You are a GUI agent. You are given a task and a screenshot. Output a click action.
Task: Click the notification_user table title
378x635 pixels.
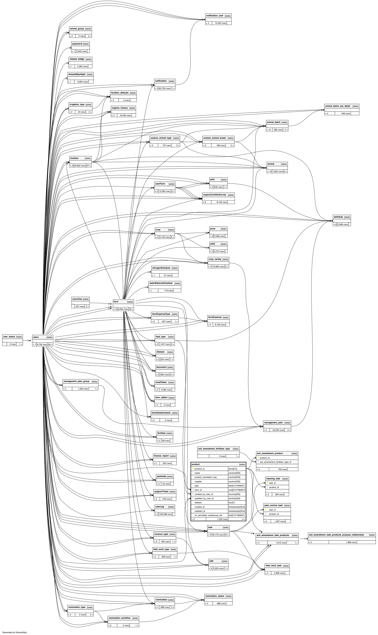[x=215, y=16]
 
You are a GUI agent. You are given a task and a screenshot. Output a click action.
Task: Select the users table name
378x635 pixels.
[x=36, y=337]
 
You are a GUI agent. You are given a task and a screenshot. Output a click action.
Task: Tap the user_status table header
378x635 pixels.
[x=9, y=337]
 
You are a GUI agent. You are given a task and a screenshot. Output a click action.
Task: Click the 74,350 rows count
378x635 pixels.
[x=220, y=23]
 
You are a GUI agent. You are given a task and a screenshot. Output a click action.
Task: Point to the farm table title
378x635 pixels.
[x=116, y=302]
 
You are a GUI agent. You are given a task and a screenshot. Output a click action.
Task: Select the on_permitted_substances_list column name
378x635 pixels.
[x=208, y=515]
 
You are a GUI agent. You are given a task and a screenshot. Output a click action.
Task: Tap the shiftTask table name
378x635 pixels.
[x=338, y=217]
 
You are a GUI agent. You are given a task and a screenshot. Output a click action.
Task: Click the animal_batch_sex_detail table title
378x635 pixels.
[x=338, y=106]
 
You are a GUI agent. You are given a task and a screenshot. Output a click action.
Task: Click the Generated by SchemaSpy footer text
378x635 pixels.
[x=14, y=630]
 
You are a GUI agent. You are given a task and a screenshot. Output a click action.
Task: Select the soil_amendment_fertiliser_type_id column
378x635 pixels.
[x=275, y=462]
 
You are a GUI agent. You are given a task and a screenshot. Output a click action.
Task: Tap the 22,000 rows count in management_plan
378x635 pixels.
[x=277, y=430]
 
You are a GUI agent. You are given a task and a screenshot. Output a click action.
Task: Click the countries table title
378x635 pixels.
[x=77, y=299]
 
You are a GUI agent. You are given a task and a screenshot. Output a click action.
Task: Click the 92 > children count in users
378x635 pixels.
[x=50, y=344]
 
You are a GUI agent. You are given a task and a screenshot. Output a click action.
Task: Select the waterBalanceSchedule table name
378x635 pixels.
[x=161, y=283]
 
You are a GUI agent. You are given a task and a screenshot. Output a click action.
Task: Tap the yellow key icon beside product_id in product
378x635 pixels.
[x=193, y=469]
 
